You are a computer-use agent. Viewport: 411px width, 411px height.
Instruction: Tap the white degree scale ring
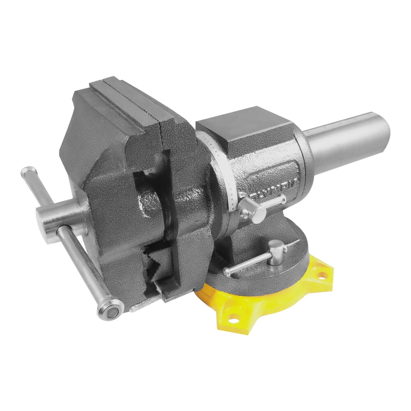click(222, 173)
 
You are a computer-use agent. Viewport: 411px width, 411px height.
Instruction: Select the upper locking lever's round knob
click(252, 211)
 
